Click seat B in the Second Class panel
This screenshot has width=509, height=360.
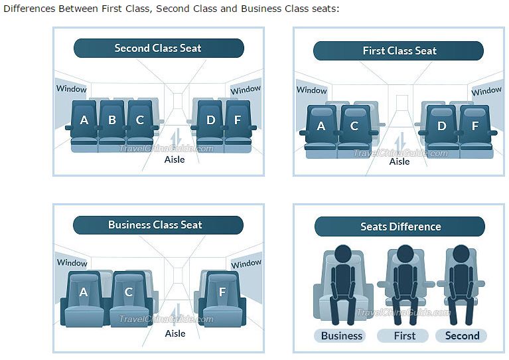pyautogui.click(x=112, y=120)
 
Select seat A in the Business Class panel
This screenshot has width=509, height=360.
pyautogui.click(x=84, y=292)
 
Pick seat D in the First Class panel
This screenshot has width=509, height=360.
pyautogui.click(x=441, y=126)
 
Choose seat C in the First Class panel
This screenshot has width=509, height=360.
pyautogui.click(x=354, y=126)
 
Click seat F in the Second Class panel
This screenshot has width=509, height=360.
pyautogui.click(x=238, y=120)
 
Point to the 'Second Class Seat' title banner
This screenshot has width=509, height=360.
pyautogui.click(x=158, y=48)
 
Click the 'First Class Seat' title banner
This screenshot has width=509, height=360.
pyautogui.click(x=399, y=51)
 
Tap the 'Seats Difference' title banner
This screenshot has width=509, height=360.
pyautogui.click(x=400, y=226)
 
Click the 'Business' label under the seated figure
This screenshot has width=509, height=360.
pyautogui.click(x=342, y=335)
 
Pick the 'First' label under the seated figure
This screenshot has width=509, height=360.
pyautogui.click(x=404, y=335)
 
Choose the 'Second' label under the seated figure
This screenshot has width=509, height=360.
pyautogui.click(x=462, y=335)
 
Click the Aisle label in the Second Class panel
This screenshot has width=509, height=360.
pyautogui.click(x=175, y=159)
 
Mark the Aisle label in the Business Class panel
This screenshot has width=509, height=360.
pyautogui.click(x=175, y=333)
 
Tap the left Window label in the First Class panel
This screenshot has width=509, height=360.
pyautogui.click(x=311, y=90)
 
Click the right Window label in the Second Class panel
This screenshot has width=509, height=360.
pyautogui.click(x=246, y=90)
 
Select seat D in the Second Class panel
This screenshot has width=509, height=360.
pyautogui.click(x=210, y=120)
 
